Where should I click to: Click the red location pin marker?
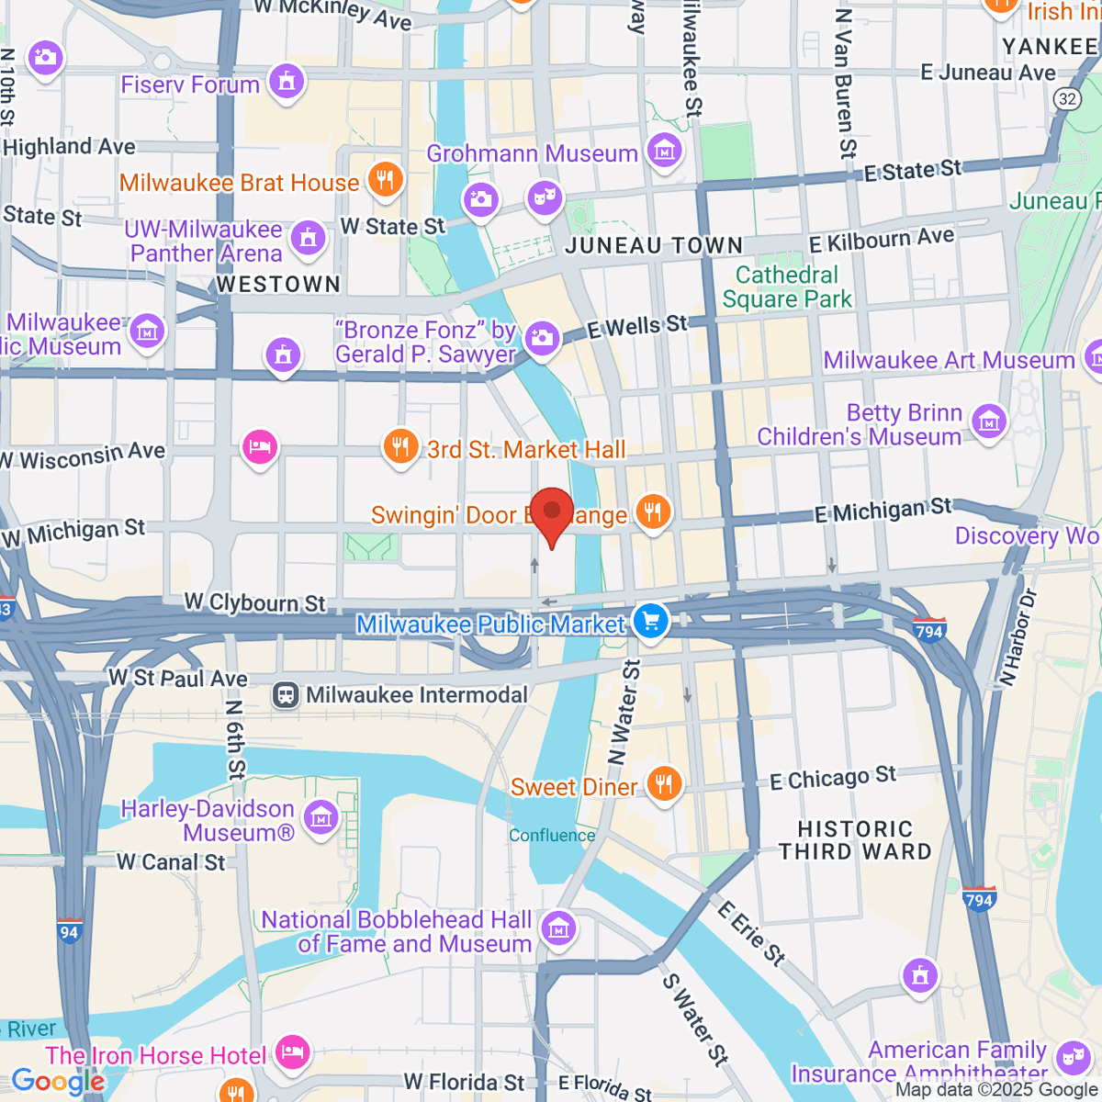[x=552, y=513]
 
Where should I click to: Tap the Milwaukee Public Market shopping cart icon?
[x=651, y=623]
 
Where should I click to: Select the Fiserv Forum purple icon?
[x=287, y=83]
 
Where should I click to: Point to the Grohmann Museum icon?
[x=664, y=151]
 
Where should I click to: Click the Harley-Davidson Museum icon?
[x=320, y=817]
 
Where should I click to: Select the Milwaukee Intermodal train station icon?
[x=287, y=695]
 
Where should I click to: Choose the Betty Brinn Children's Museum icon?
[x=988, y=422]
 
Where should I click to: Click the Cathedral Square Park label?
[x=787, y=287]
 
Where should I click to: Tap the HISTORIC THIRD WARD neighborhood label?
[x=855, y=840]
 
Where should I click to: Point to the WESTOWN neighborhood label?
[x=278, y=285]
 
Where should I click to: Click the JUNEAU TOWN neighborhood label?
[x=654, y=245]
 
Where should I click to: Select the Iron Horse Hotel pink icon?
[x=292, y=1052]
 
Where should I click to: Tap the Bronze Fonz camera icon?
[x=542, y=339]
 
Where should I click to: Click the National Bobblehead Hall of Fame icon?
[x=558, y=929]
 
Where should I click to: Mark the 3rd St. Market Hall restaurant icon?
[x=399, y=447]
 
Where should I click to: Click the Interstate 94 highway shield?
[x=69, y=930]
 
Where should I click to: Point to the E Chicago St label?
[x=833, y=779]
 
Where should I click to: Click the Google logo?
[x=57, y=1082]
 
